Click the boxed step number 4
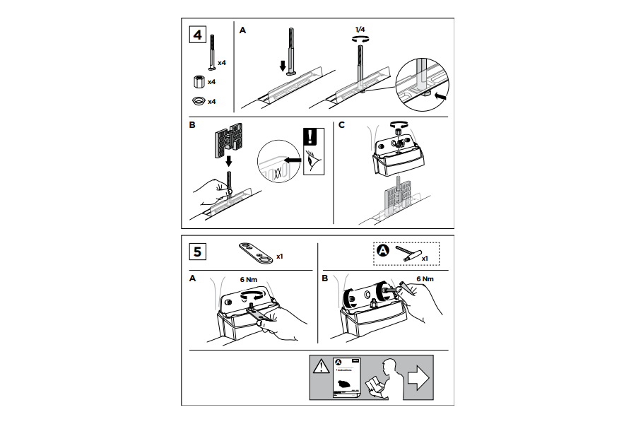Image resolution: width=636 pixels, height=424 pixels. tap(199, 35)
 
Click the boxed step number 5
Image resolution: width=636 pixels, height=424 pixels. tap(199, 251)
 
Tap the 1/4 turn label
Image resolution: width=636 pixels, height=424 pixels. tap(360, 29)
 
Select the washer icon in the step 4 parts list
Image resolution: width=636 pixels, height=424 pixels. tap(199, 100)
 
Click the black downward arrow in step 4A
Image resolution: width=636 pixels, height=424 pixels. tap(283, 66)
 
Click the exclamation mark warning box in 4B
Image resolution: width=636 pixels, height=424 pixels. tap(311, 137)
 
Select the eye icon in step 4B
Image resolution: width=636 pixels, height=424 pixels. tap(312, 161)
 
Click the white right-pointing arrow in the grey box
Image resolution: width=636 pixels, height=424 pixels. tap(419, 379)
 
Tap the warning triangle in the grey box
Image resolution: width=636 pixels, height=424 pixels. tap(322, 366)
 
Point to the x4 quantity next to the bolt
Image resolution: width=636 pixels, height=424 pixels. tap(222, 63)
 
